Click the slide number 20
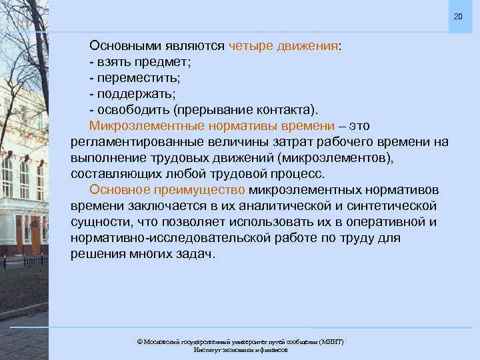point(457,16)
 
